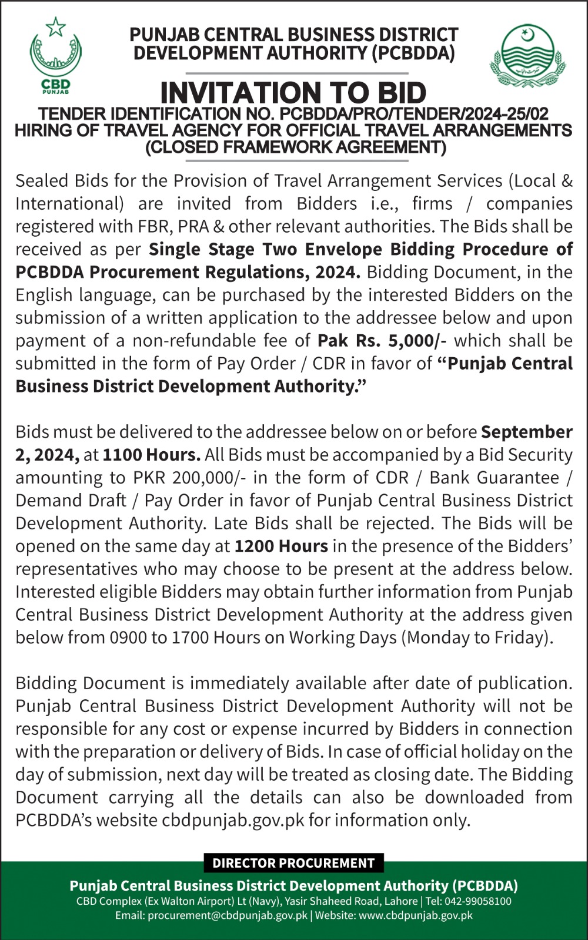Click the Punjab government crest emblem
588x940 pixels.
527,56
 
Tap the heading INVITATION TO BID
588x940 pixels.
293,93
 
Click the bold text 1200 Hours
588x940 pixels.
281,546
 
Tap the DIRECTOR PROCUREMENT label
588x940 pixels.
293,863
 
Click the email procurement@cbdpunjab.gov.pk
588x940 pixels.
228,915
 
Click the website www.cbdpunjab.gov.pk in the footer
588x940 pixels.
416,915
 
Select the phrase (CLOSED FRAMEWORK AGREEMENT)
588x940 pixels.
296,147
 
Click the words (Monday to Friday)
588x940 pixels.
477,638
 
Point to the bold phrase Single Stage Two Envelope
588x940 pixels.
265,249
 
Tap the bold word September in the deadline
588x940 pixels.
527,432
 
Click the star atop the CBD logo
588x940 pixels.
56,26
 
